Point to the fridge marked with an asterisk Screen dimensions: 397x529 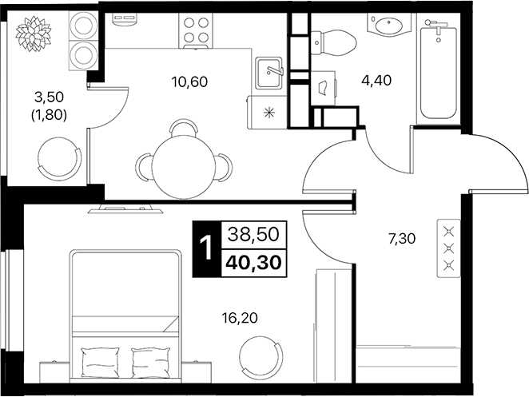(x=268, y=111)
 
